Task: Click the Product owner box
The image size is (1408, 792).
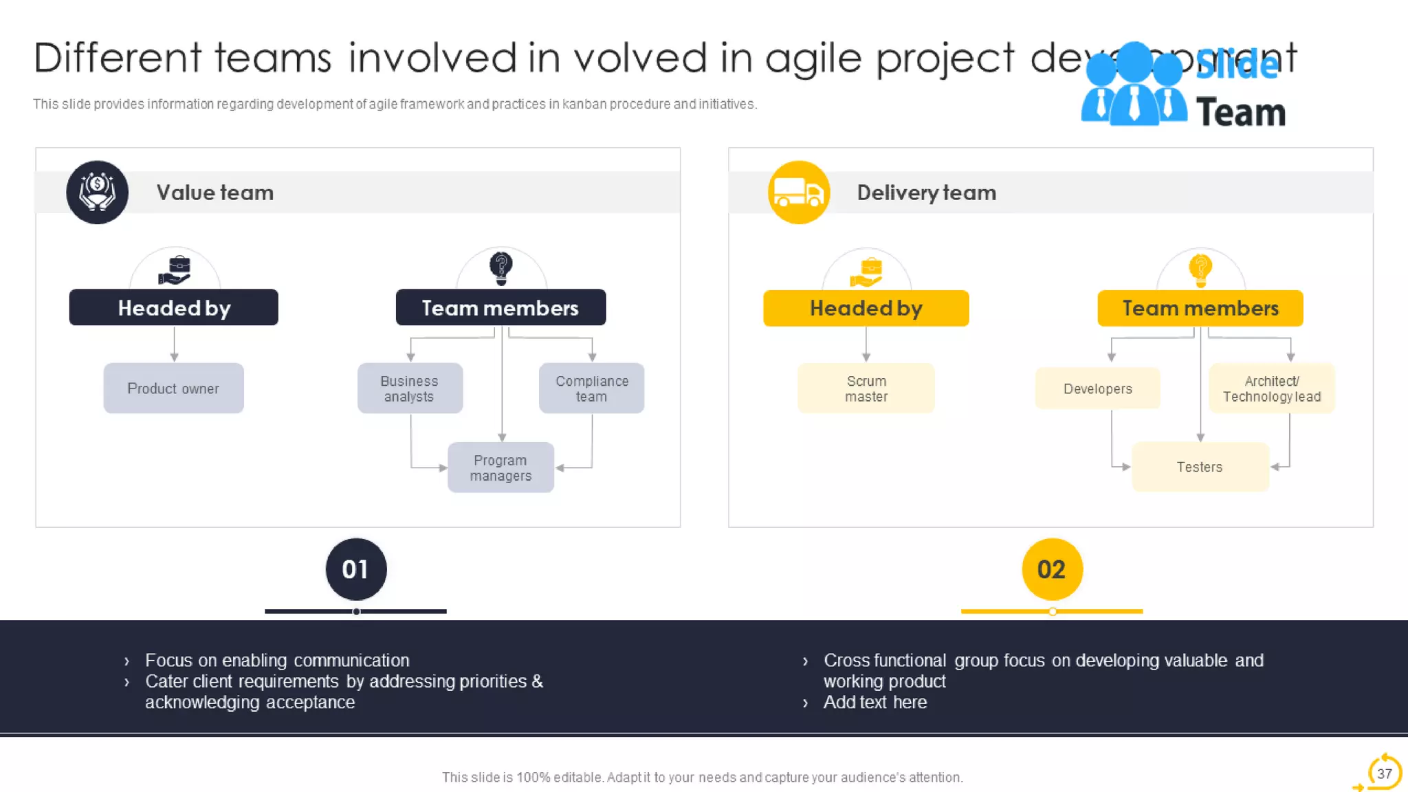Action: pos(173,388)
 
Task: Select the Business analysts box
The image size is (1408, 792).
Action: pos(410,388)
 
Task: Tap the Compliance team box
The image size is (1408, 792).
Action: pos(591,388)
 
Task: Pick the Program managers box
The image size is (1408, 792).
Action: pos(500,467)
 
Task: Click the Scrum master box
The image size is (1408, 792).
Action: pos(866,388)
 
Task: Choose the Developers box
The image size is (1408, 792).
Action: pos(1097,388)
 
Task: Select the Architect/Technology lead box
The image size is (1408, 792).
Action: pos(1272,388)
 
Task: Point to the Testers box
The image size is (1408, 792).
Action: pos(1200,467)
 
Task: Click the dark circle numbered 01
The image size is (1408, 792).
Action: pos(356,569)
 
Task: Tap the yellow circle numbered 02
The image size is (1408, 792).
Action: pos(1052,569)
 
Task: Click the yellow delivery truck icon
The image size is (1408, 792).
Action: pos(799,192)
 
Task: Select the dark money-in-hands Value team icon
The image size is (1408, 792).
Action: pos(97,192)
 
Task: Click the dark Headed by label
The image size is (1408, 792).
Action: pos(174,307)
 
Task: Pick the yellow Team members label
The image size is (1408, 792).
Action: pos(1200,308)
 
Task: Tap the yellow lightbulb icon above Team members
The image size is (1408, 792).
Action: pos(1200,269)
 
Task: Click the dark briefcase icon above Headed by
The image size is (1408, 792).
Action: pos(175,270)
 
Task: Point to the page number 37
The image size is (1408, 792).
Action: pos(1384,773)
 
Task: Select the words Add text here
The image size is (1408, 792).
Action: pos(875,702)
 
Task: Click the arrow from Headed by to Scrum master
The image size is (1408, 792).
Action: pos(866,344)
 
